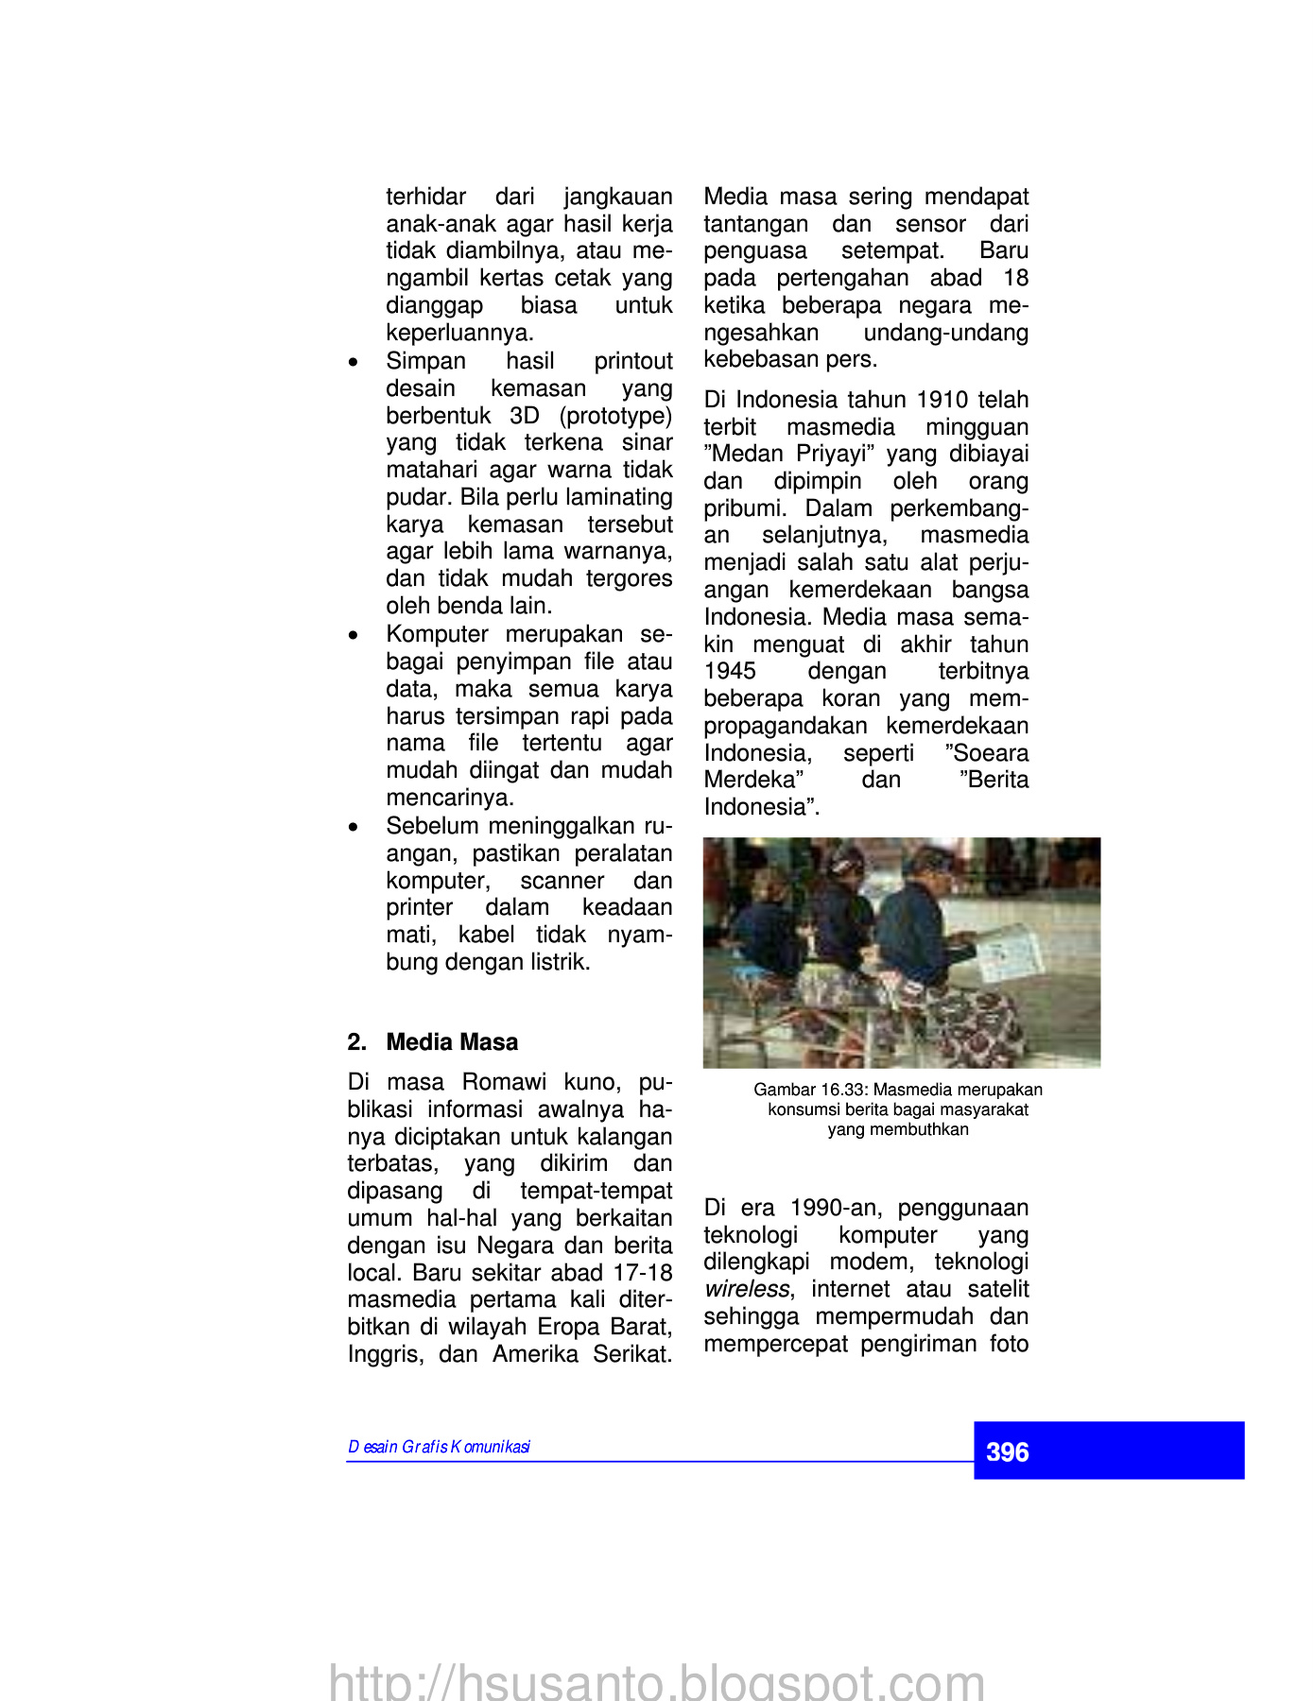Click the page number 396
point(1007,1452)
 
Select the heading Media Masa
point(452,1042)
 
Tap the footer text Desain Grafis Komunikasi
point(439,1447)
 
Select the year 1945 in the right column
point(730,672)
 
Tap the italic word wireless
point(746,1290)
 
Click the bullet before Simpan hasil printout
point(354,362)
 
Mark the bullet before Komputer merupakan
point(354,635)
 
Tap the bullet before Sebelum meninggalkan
point(354,827)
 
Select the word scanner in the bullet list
point(562,881)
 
